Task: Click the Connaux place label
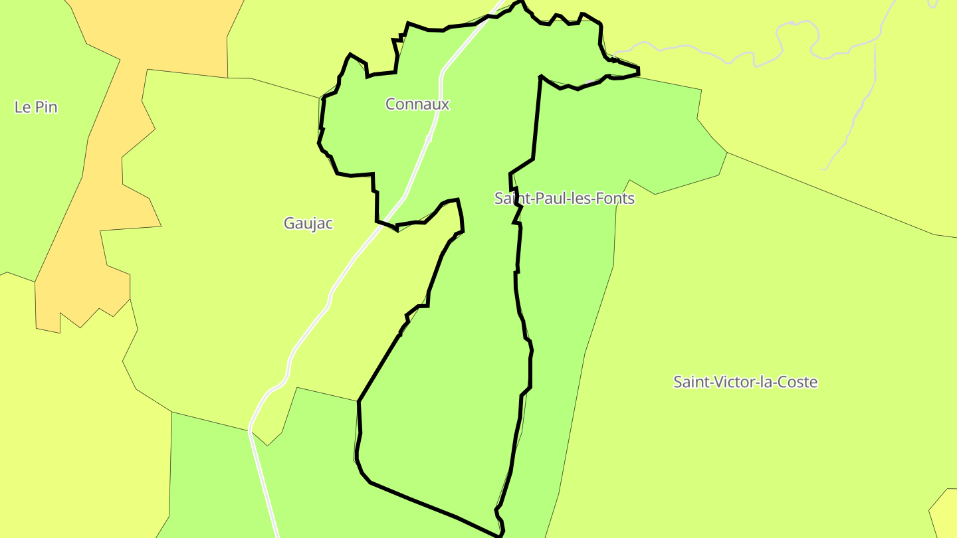(417, 104)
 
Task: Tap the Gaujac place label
(308, 224)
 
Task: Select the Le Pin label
(36, 107)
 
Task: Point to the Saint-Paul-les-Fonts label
(564, 199)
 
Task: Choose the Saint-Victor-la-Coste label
(745, 382)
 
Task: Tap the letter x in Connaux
(445, 105)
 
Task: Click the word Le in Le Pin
(22, 107)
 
